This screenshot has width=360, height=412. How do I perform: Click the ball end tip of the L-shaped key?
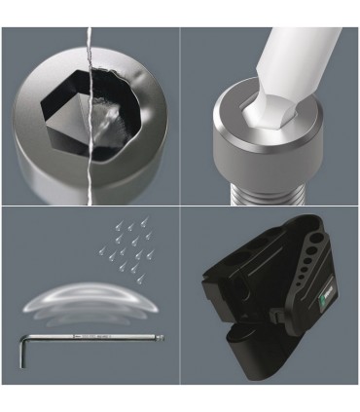coord(162,338)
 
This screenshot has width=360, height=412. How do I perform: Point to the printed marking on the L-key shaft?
coord(83,338)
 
